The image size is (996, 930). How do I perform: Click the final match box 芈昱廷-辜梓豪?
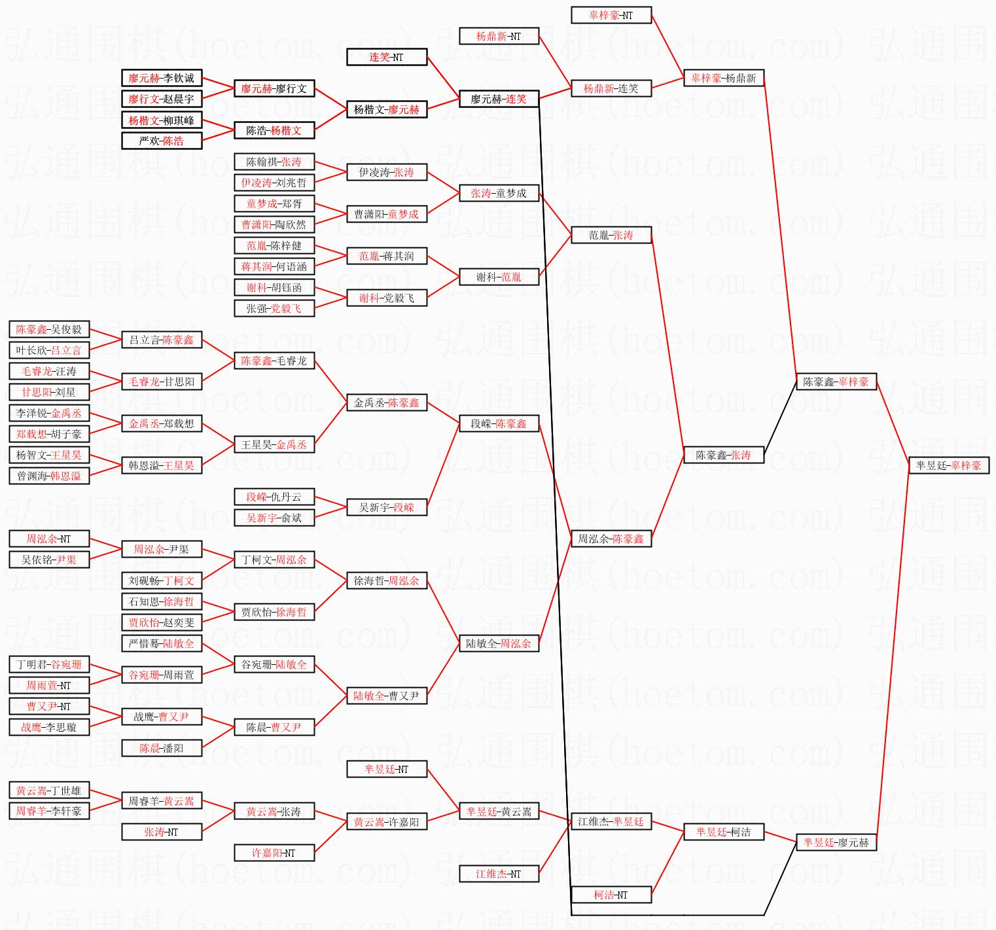[948, 465]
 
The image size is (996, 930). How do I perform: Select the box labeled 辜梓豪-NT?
[611, 15]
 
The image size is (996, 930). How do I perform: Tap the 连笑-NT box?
[387, 57]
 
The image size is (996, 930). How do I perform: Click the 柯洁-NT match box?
[611, 895]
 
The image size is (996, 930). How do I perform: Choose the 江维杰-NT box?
[499, 874]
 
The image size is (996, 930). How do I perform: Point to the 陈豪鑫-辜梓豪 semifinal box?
[836, 382]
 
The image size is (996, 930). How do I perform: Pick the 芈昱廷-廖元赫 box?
[836, 842]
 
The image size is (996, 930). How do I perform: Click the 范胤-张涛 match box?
[611, 235]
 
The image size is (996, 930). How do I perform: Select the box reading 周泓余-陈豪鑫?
[611, 539]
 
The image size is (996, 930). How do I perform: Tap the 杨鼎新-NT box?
[499, 36]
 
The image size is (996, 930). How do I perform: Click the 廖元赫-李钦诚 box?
[162, 78]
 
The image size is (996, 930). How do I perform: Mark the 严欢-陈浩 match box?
[162, 141]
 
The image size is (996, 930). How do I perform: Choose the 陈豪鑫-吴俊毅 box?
[49, 329]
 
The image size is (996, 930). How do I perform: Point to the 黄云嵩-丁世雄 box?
[49, 790]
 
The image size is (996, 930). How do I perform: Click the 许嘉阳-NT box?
[274, 853]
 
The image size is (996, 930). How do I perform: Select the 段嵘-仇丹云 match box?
[274, 497]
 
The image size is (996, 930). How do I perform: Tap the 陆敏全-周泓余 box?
[499, 643]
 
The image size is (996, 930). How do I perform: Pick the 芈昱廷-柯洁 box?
[724, 832]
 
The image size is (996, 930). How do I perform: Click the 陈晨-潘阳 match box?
[162, 748]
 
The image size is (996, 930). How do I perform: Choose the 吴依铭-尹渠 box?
[49, 560]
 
